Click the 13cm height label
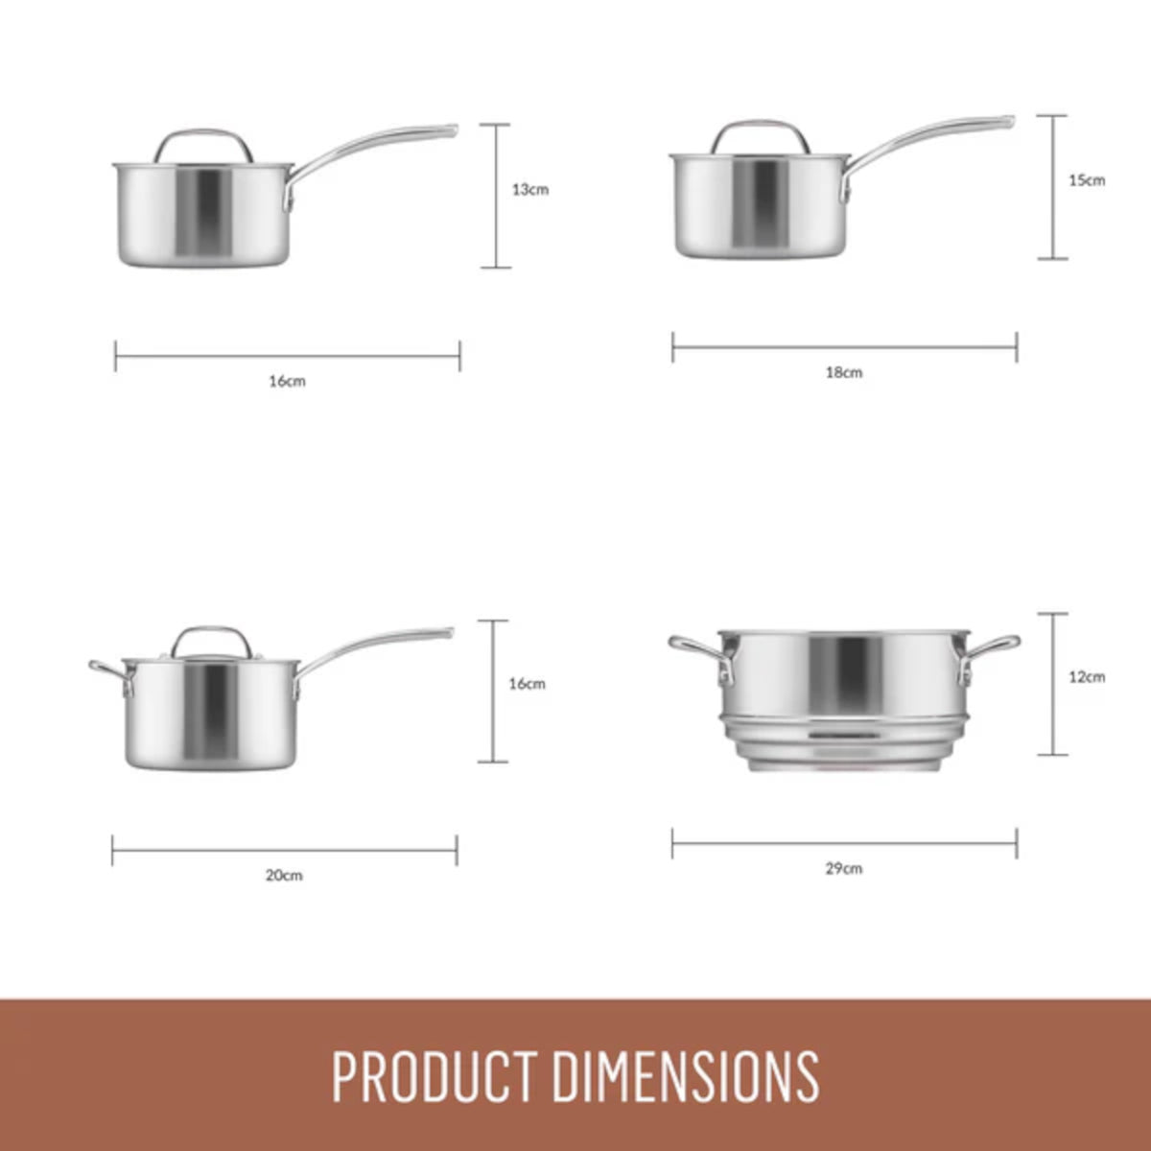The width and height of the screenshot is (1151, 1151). [x=529, y=190]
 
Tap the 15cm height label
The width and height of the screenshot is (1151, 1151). [x=1087, y=180]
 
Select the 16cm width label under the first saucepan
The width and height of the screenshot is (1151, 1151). [x=287, y=382]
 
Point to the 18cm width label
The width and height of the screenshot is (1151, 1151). [x=844, y=373]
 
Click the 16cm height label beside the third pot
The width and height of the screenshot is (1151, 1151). [x=527, y=684]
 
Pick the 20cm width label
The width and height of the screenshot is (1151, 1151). [x=284, y=876]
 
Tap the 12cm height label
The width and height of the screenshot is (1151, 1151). [x=1087, y=677]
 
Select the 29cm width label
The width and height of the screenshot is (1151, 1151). [x=844, y=869]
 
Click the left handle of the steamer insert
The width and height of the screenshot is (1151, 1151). [x=695, y=651]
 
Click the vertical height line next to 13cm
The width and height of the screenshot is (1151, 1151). [x=496, y=196]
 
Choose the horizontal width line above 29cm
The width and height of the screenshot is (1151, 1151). [x=844, y=845]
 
